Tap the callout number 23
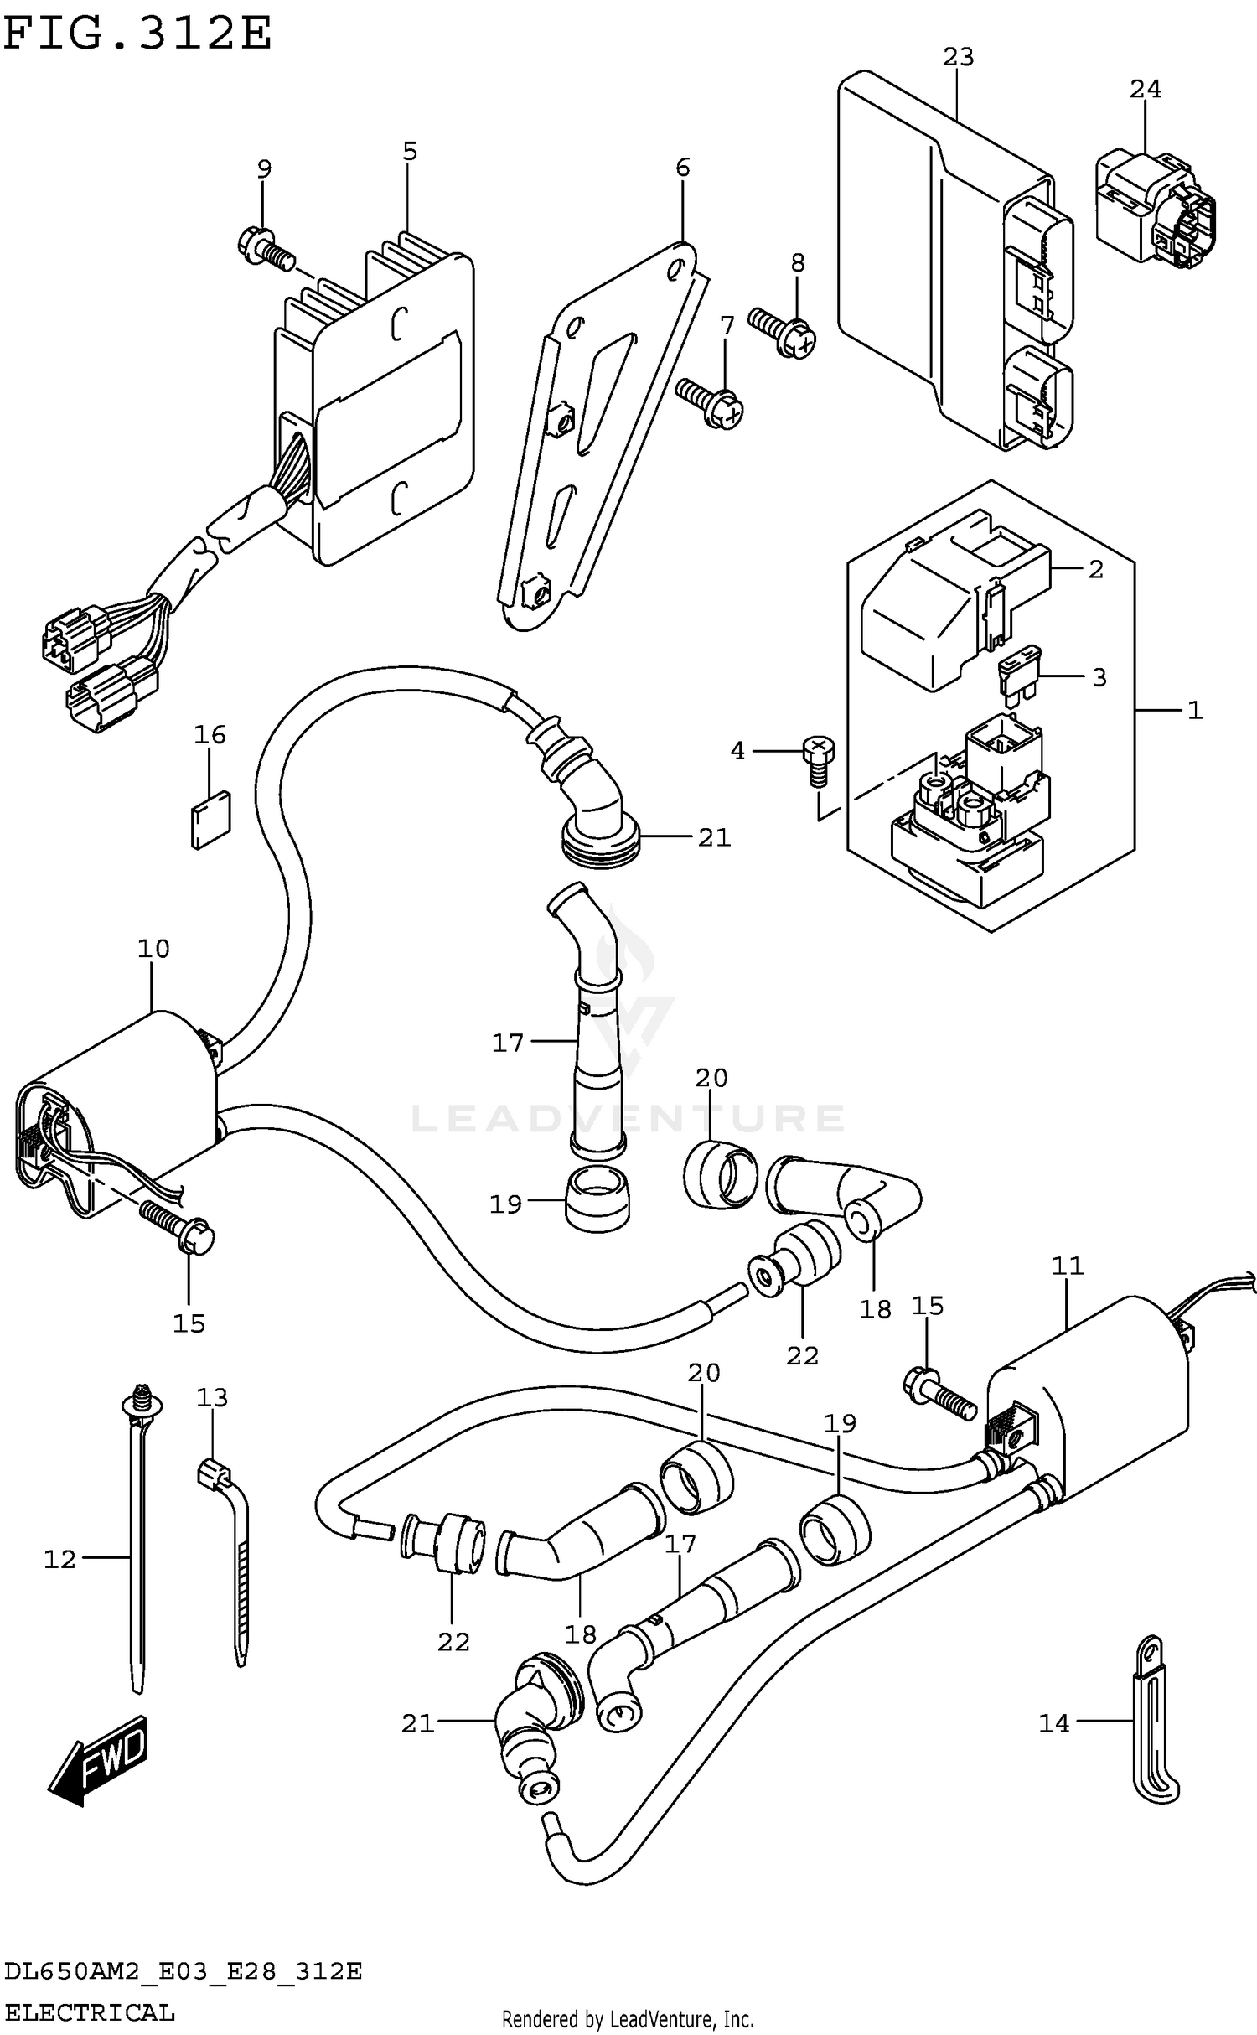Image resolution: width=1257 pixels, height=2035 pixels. [958, 57]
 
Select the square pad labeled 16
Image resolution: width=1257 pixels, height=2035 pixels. [210, 820]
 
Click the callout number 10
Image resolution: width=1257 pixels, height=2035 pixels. [153, 949]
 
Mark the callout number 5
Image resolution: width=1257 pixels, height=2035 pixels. [409, 152]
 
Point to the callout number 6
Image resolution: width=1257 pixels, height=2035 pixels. [682, 168]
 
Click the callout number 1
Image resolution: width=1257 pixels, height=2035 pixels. [1194, 711]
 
